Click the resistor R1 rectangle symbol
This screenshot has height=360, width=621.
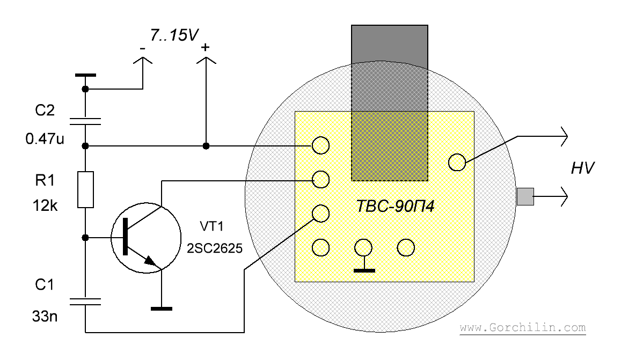click(x=85, y=190)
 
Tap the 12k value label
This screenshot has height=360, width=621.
click(x=45, y=206)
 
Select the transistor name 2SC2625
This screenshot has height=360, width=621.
click(x=215, y=248)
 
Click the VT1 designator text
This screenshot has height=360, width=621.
click(x=211, y=226)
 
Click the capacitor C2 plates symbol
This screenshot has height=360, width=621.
click(x=85, y=121)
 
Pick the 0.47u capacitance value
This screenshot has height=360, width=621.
click(x=45, y=138)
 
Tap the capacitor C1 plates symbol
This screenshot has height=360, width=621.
click(x=85, y=302)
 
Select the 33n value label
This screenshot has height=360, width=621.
click(x=45, y=317)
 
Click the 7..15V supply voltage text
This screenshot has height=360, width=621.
click(x=174, y=35)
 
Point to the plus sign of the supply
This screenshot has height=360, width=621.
click(x=205, y=48)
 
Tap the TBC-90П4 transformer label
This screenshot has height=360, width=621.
click(x=395, y=207)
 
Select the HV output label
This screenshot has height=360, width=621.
click(x=582, y=168)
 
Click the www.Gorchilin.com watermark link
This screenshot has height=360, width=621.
click(x=523, y=328)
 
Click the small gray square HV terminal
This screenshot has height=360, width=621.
click(x=525, y=196)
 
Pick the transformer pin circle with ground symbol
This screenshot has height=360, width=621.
click(x=363, y=248)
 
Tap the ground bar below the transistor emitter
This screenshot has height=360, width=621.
click(x=162, y=308)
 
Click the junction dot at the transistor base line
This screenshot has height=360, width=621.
click(x=85, y=238)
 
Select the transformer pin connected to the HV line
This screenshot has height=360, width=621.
click(x=457, y=163)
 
